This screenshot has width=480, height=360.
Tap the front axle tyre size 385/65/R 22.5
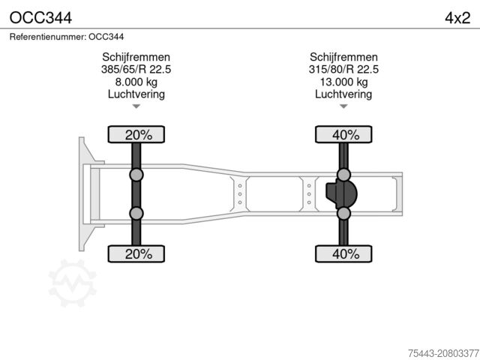pyautogui.click(x=136, y=70)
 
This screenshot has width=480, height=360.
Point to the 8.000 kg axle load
pyautogui.click(x=136, y=82)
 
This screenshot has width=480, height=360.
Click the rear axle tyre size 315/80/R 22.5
pyautogui.click(x=343, y=70)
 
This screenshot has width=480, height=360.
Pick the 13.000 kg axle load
pyautogui.click(x=343, y=82)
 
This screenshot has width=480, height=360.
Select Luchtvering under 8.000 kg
pyautogui.click(x=136, y=94)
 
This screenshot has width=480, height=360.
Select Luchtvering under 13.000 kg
pyautogui.click(x=343, y=94)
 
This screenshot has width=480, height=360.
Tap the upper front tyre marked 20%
pyautogui.click(x=138, y=135)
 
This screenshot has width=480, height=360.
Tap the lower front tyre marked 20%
pyautogui.click(x=138, y=254)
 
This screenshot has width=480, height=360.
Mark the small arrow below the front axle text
pyautogui.click(x=136, y=107)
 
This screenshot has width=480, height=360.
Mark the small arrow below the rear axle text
pyautogui.click(x=343, y=107)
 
